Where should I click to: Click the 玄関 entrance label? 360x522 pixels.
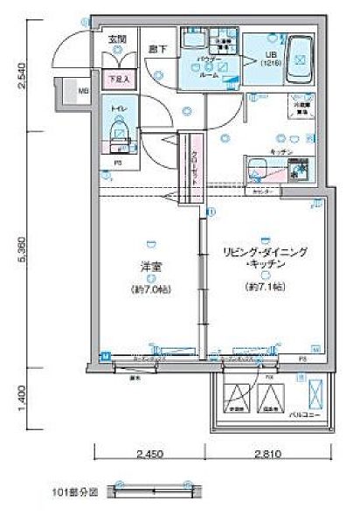[x=116, y=38]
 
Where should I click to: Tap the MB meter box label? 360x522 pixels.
[x=84, y=90]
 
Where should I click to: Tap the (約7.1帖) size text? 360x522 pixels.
[x=262, y=286]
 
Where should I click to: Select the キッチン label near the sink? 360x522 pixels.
[x=279, y=151]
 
